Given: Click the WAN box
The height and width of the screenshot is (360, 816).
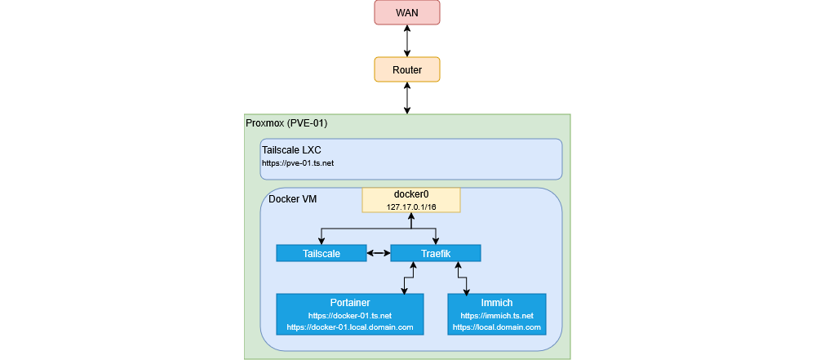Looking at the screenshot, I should pos(407,12).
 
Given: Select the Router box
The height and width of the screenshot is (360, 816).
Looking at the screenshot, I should pos(407,69).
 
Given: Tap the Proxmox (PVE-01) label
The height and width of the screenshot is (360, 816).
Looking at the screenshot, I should pos(286,122).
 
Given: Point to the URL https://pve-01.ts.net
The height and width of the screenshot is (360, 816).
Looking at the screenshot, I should pos(298,163).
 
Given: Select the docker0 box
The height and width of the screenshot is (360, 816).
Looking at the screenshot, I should pos(411,200).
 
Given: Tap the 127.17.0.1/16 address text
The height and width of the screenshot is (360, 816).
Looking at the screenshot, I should pos(411,207).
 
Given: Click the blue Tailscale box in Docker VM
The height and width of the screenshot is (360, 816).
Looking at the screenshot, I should pos(321,253).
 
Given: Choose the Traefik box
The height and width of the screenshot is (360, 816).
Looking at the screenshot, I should pos(436,253).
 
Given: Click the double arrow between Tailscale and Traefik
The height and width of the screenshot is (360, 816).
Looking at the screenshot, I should pos(379,253).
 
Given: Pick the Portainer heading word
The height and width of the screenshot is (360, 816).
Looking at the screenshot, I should pos(350,303).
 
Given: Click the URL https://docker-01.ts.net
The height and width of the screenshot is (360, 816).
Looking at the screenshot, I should pos(350,315).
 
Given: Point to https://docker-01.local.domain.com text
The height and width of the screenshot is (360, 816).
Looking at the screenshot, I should pos(350,327).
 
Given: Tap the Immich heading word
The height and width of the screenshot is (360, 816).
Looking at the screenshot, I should pos(497,303).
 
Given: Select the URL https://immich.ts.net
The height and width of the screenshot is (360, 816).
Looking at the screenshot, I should pos(497,315).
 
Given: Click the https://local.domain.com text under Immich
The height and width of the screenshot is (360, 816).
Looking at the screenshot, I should pos(497,327).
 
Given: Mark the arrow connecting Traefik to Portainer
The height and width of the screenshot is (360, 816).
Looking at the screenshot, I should pos(403,278).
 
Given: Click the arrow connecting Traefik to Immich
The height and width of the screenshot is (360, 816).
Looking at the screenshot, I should pos(463,278).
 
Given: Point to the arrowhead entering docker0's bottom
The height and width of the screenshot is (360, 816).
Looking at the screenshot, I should pos(411,216).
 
